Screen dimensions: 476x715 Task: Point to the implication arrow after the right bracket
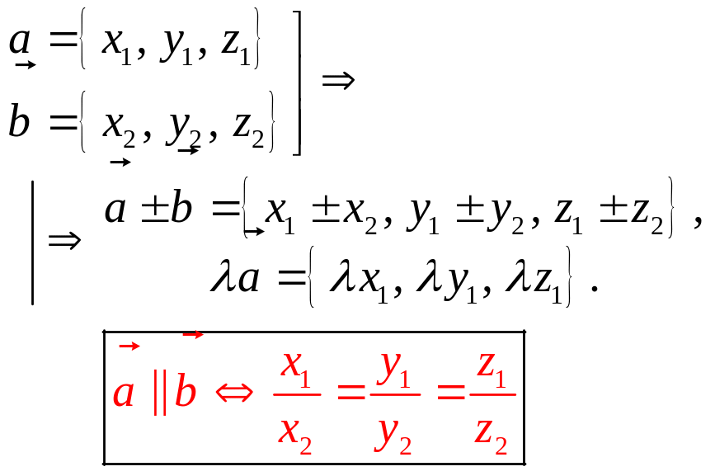(x=337, y=81)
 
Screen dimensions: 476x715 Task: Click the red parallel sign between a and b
(x=159, y=393)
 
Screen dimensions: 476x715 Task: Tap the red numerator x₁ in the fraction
(x=295, y=367)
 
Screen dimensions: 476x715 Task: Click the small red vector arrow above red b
(x=192, y=334)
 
